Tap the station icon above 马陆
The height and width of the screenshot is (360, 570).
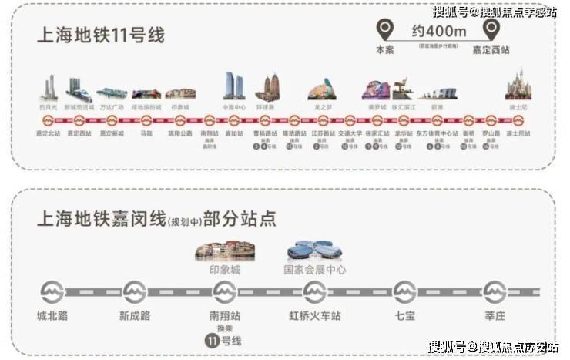[146, 120]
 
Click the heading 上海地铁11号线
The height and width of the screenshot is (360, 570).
[101, 36]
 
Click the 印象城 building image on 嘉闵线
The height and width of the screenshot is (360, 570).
[224, 250]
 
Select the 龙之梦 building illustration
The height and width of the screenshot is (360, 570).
[323, 91]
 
